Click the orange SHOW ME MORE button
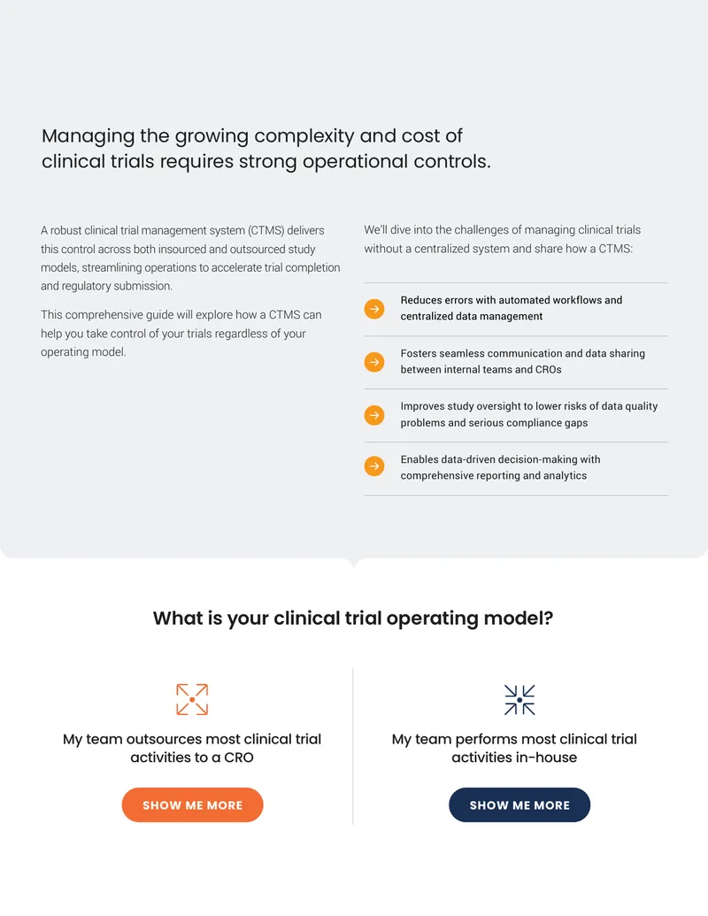point(192,805)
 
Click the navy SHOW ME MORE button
point(519,805)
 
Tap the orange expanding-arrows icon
point(192,699)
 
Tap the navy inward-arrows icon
point(519,700)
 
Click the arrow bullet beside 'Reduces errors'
point(374,309)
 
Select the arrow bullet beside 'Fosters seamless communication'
point(374,362)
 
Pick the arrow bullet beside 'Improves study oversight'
point(374,415)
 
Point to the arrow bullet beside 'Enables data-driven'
point(374,466)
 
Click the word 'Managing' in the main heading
point(88,136)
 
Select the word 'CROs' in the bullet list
point(549,369)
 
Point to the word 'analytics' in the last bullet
point(565,475)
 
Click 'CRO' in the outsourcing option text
point(238,758)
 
